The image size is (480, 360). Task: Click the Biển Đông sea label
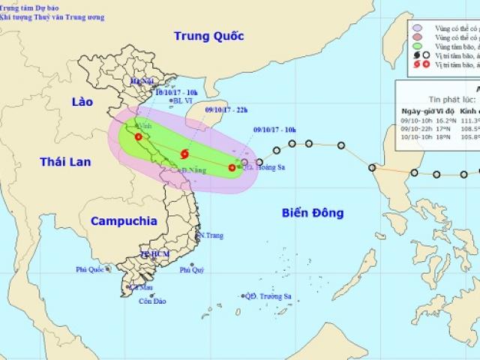313,213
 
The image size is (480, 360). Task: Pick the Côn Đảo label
152,301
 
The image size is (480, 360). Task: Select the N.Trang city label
211,235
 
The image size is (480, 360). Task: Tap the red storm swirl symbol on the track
184,154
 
